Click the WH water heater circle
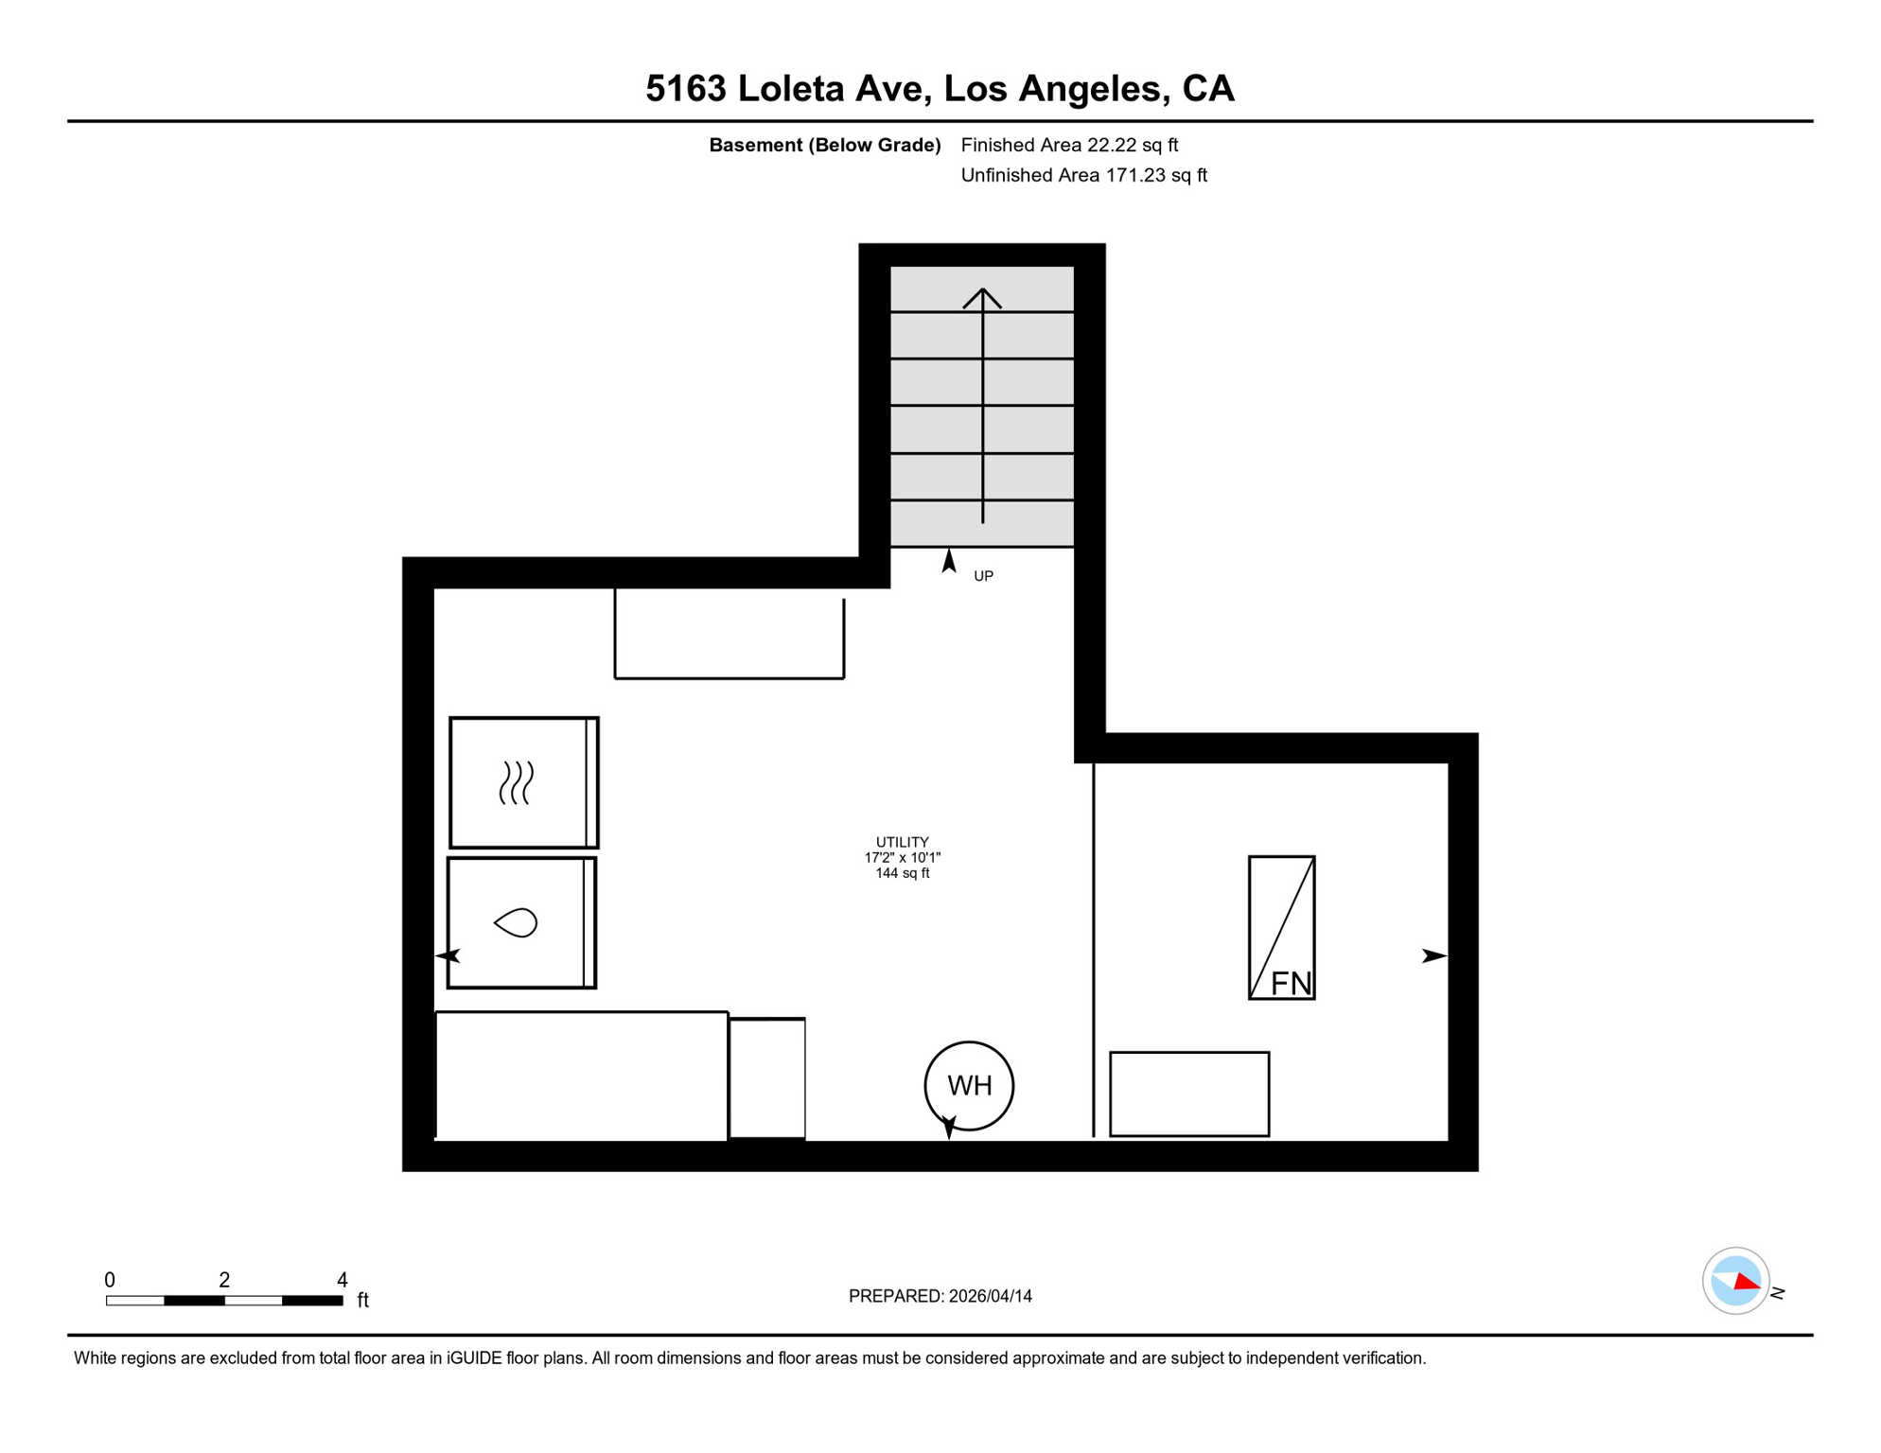click(969, 1043)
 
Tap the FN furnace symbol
click(1282, 928)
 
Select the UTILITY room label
click(902, 842)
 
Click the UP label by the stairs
click(983, 576)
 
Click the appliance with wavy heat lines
click(524, 782)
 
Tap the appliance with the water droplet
click(522, 922)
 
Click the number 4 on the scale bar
click(343, 1280)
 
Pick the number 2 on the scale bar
click(224, 1280)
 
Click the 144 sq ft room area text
click(902, 873)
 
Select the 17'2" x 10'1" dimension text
click(902, 858)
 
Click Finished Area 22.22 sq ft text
click(1069, 145)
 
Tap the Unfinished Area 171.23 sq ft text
click(1083, 175)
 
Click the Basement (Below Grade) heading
click(825, 145)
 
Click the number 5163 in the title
click(686, 88)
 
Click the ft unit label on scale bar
click(363, 1300)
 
